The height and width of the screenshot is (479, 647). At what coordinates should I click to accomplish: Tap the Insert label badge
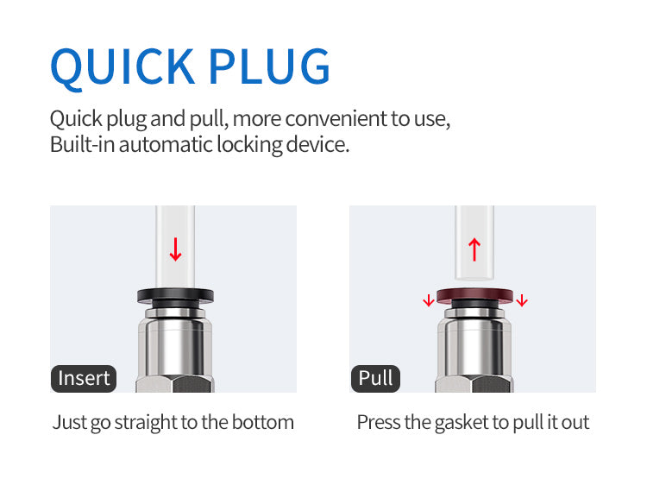pyautogui.click(x=83, y=378)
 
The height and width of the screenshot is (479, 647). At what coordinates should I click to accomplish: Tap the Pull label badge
pyautogui.click(x=375, y=378)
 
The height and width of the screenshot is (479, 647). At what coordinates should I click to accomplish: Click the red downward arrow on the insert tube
pyautogui.click(x=176, y=249)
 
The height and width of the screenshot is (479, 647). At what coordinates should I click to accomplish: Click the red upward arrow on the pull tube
pyautogui.click(x=474, y=249)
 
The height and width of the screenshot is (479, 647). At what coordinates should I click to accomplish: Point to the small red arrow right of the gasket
pyautogui.click(x=522, y=301)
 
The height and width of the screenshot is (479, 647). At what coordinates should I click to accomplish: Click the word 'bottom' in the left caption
pyautogui.click(x=266, y=422)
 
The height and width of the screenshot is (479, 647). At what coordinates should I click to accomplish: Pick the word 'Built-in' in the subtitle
pyautogui.click(x=82, y=144)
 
